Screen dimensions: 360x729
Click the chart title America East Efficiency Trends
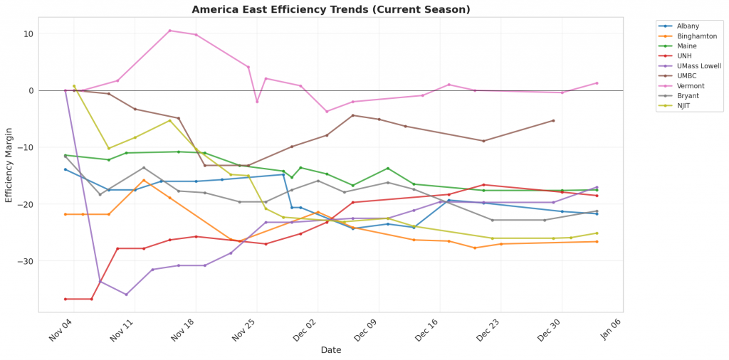pyautogui.click(x=331, y=10)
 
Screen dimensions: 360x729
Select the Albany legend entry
pyautogui.click(x=688, y=26)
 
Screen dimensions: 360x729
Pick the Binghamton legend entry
pyautogui.click(x=696, y=36)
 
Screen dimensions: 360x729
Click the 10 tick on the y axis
pyautogui.click(x=28, y=33)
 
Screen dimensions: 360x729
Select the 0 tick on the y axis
pyautogui.click(x=31, y=90)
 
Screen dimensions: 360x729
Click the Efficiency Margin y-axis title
pyautogui.click(x=9, y=165)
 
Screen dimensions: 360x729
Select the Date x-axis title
pyautogui.click(x=331, y=350)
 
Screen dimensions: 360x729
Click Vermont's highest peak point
pyautogui.click(x=169, y=31)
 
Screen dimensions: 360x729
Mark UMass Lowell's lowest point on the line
pyautogui.click(x=126, y=295)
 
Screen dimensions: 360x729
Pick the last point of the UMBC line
pyautogui.click(x=553, y=120)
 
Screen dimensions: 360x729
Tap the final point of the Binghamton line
pyautogui.click(x=597, y=242)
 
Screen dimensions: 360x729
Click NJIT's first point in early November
pyautogui.click(x=74, y=86)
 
